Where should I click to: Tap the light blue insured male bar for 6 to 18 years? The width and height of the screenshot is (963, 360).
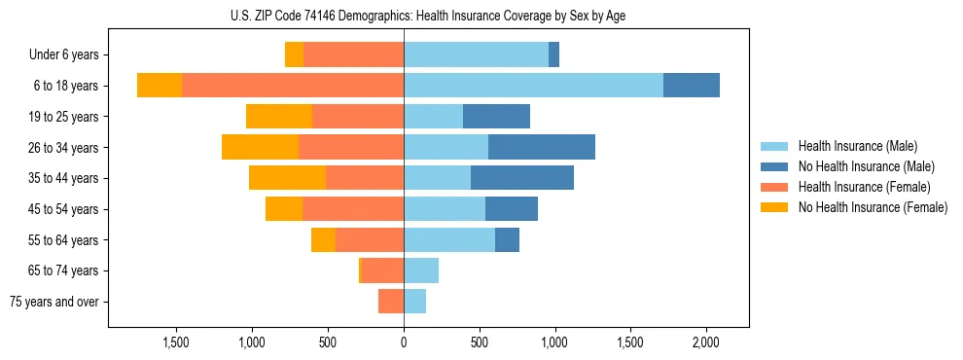[x=533, y=86]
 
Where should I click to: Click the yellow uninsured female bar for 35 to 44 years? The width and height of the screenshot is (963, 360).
[x=287, y=178]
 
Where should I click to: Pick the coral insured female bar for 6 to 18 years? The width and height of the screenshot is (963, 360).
[x=293, y=86]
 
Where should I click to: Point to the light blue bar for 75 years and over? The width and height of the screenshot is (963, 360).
[x=414, y=302]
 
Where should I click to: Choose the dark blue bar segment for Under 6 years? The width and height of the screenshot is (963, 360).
[x=553, y=54]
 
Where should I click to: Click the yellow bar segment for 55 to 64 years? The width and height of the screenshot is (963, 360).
[x=323, y=239]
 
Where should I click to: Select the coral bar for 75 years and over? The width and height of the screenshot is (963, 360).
[x=391, y=302]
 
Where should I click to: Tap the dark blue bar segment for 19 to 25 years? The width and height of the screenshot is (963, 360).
[x=496, y=117]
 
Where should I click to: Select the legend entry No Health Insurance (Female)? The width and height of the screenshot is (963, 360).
[x=873, y=207]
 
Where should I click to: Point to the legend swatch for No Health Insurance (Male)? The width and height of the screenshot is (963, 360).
[x=773, y=166]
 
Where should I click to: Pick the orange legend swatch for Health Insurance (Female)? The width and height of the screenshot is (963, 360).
[x=773, y=187]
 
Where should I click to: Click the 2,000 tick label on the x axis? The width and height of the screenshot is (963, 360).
[x=706, y=342]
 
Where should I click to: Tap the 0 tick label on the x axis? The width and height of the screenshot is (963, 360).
[x=404, y=342]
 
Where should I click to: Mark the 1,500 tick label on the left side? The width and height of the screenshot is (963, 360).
[x=176, y=342]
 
